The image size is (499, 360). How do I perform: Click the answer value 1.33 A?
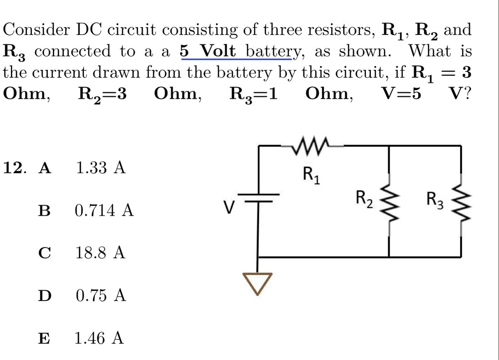(x=100, y=168)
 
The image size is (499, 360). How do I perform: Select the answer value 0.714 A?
(x=104, y=211)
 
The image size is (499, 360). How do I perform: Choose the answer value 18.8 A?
(x=100, y=253)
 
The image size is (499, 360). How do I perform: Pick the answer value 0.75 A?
(x=101, y=296)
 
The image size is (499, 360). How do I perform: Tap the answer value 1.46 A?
(x=99, y=338)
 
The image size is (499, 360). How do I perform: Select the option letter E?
(x=44, y=339)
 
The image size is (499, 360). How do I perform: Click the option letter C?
(x=44, y=254)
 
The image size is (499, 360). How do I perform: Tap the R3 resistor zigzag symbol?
(x=460, y=201)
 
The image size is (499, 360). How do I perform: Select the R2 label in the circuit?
(x=364, y=199)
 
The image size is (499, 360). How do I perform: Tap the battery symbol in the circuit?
(x=257, y=197)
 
